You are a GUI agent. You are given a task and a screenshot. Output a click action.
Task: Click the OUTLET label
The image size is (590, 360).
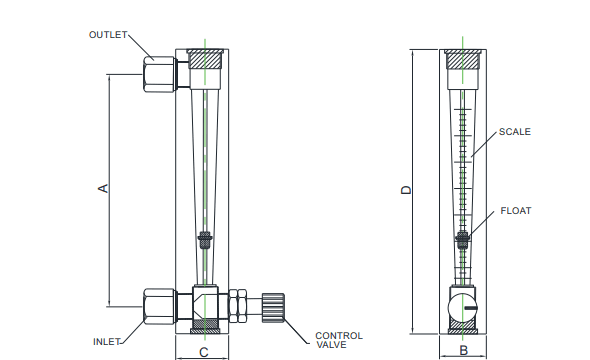[108, 35]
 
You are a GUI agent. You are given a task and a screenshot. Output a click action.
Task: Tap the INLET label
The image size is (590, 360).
[106, 342]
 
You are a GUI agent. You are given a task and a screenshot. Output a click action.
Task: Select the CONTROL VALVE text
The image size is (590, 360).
[339, 340]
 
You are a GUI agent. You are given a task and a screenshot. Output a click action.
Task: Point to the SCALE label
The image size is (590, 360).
[515, 132]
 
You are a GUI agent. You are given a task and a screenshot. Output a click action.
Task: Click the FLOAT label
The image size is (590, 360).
[516, 211]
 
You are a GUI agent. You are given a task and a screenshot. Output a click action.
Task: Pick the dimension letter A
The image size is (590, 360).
[103, 188]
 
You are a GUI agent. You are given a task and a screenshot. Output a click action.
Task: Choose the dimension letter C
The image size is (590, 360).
[204, 352]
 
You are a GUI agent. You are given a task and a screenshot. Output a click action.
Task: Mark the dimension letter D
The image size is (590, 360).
[406, 190]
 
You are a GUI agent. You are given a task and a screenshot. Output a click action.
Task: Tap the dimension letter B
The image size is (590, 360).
[464, 351]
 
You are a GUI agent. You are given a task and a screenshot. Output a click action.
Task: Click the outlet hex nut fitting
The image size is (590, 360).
[159, 74]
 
